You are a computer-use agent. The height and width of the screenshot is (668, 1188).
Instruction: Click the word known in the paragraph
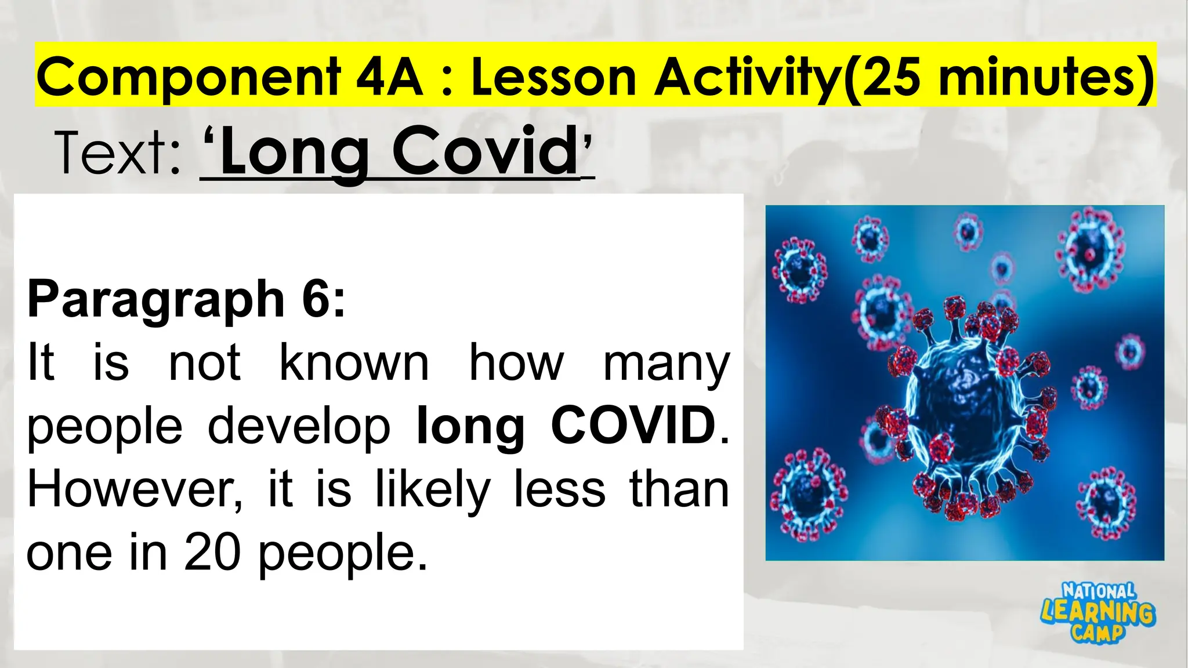coord(354,363)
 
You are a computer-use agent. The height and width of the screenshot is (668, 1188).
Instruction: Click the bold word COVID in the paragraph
coord(633,426)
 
